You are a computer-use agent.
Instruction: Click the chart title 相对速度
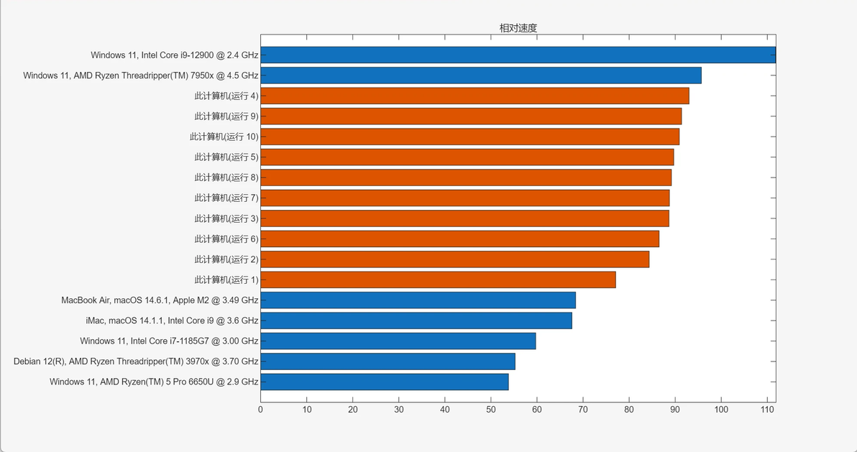pyautogui.click(x=518, y=28)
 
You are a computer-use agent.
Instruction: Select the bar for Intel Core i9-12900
pyautogui.click(x=518, y=55)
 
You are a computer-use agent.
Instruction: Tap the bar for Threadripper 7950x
pyautogui.click(x=480, y=75)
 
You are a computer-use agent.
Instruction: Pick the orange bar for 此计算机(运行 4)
pyautogui.click(x=475, y=96)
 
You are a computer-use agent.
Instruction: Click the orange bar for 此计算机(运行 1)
pyautogui.click(x=438, y=280)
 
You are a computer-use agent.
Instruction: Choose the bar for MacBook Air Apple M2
pyautogui.click(x=418, y=300)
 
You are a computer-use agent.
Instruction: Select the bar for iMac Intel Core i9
pyautogui.click(x=416, y=320)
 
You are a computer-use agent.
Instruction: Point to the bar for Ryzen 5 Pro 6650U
pyautogui.click(x=385, y=382)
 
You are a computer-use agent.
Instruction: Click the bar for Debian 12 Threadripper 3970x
pyautogui.click(x=388, y=361)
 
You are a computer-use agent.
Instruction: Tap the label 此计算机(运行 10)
pyautogui.click(x=224, y=137)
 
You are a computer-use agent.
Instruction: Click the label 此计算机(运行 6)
pyautogui.click(x=226, y=239)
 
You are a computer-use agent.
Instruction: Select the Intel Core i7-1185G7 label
pyautogui.click(x=169, y=341)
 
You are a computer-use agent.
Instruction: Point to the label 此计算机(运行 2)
pyautogui.click(x=226, y=259)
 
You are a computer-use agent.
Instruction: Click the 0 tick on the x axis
pyautogui.click(x=260, y=410)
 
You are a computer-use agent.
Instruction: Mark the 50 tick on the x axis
pyautogui.click(x=491, y=410)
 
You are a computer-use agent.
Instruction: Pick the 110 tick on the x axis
pyautogui.click(x=767, y=410)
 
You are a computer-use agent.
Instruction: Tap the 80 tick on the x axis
pyautogui.click(x=629, y=410)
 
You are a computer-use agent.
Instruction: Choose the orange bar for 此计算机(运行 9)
pyautogui.click(x=471, y=116)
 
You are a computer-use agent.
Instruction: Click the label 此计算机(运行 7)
pyautogui.click(x=226, y=198)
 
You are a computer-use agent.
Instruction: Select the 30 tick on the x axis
pyautogui.click(x=399, y=410)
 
